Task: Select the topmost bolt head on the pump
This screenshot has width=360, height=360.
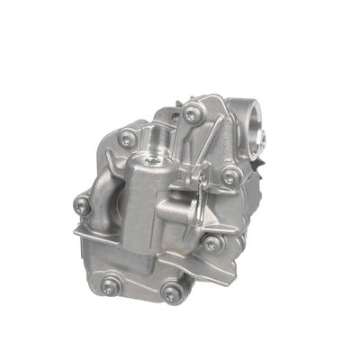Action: point(192,114)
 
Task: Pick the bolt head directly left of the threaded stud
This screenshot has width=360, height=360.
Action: point(128,139)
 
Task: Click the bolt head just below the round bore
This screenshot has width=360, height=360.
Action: point(231,177)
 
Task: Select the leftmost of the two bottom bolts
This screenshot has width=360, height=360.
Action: point(111,285)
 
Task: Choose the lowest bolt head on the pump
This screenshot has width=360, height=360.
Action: point(172,292)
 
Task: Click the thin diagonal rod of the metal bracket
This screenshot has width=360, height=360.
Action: point(205,148)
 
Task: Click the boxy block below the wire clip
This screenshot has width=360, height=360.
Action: point(175,216)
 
